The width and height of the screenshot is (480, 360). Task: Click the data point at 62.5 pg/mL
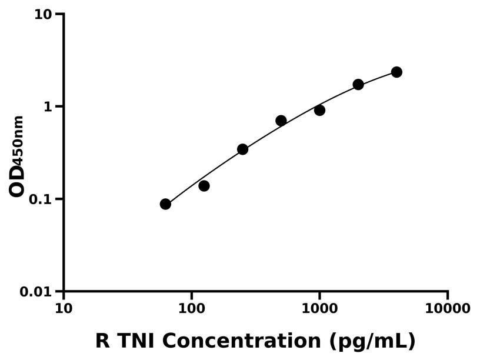click(165, 204)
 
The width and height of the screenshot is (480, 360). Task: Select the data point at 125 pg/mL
click(204, 186)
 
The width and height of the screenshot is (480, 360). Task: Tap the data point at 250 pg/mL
click(242, 149)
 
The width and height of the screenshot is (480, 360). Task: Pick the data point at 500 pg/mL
click(281, 121)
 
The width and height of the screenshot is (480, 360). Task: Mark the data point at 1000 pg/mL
click(319, 110)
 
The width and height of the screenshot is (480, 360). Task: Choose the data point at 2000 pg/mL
click(358, 85)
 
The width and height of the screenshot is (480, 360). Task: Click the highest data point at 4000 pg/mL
click(396, 72)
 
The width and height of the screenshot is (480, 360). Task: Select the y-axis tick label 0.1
click(41, 199)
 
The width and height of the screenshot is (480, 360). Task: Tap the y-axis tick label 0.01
click(36, 292)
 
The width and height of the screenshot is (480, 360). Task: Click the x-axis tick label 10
click(64, 308)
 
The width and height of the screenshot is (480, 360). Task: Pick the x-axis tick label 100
click(192, 308)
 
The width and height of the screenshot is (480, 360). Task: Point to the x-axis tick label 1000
click(319, 308)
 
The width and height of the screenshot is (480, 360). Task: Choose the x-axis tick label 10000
click(448, 308)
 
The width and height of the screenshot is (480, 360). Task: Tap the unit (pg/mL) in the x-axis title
click(372, 341)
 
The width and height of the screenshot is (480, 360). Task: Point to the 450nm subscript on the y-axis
click(18, 140)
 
